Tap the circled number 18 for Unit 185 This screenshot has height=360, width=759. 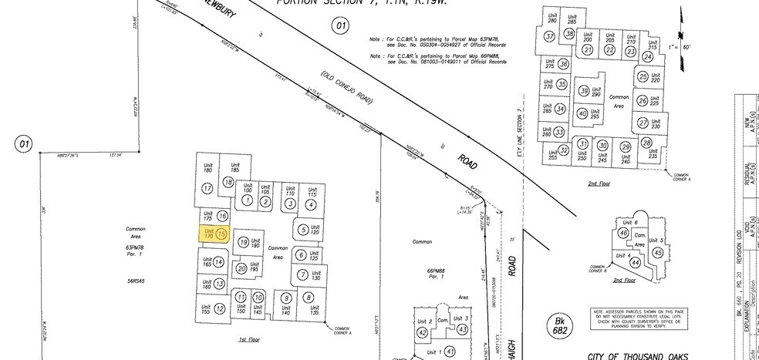(x=228, y=182)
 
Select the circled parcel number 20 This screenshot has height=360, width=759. (x=241, y=268)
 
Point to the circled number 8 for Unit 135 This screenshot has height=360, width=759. (x=309, y=298)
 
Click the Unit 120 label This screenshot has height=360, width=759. (x=313, y=229)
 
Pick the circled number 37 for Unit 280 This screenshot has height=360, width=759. (x=550, y=36)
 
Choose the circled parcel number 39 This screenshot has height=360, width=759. (x=584, y=91)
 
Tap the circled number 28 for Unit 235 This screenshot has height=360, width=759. (x=646, y=143)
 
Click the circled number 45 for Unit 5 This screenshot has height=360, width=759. (x=657, y=252)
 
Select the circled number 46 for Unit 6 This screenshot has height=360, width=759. (x=623, y=234)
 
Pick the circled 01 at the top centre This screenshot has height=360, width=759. (x=340, y=25)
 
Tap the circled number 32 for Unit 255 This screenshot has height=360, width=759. (x=564, y=150)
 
